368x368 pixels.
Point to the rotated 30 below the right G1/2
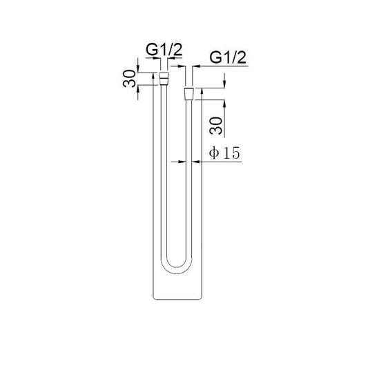click(x=215, y=126)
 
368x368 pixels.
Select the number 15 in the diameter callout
click(x=230, y=153)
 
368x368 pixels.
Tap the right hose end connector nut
click(x=188, y=93)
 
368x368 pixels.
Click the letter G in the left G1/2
click(x=149, y=50)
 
